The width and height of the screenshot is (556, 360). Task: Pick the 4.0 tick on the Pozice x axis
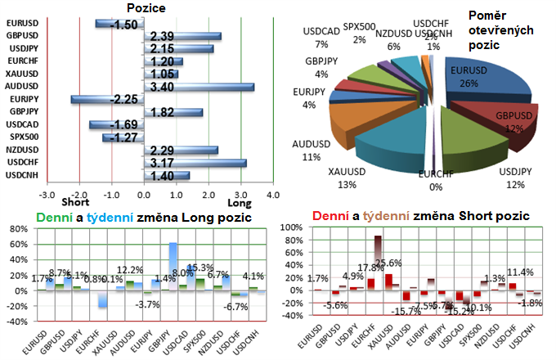tap(272, 196)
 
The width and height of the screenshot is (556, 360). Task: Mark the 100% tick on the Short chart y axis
tap(292, 227)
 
